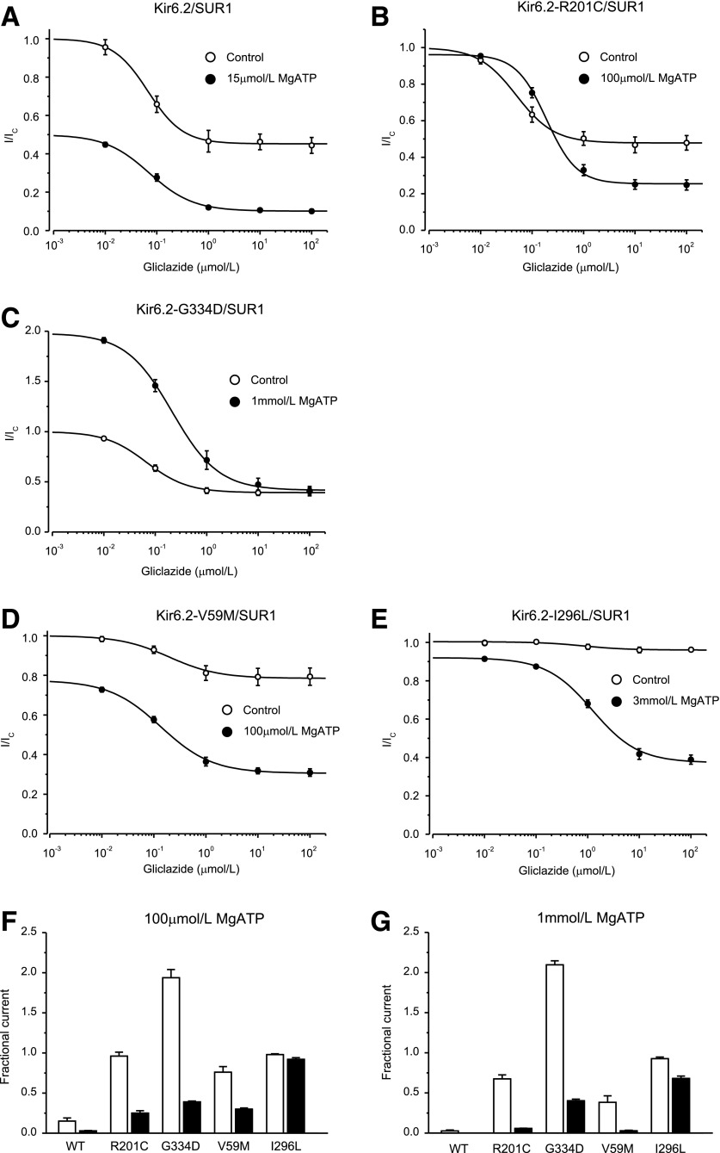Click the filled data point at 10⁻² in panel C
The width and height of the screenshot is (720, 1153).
(104, 340)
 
